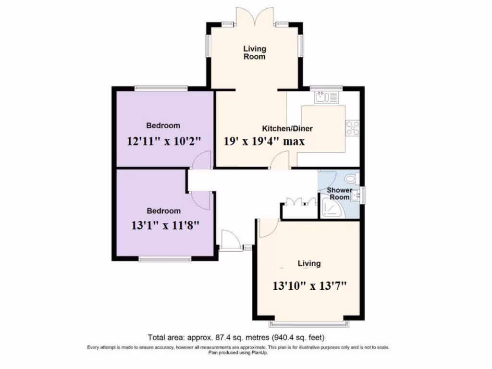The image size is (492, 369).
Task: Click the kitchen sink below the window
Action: coord(327,98)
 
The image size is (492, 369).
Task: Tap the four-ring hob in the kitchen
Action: coord(352,128)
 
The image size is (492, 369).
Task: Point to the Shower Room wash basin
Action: coord(356,195)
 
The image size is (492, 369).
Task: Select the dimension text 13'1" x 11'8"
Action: coord(165,224)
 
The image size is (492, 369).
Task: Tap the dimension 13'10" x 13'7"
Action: coord(310,285)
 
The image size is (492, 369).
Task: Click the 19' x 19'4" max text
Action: coord(265,141)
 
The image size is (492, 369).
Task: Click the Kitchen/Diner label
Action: coord(287,128)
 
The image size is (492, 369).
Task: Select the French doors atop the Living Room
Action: coord(255,16)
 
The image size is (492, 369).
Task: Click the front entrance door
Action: coord(230,240)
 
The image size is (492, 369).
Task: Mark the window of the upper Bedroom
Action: coord(161,88)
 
